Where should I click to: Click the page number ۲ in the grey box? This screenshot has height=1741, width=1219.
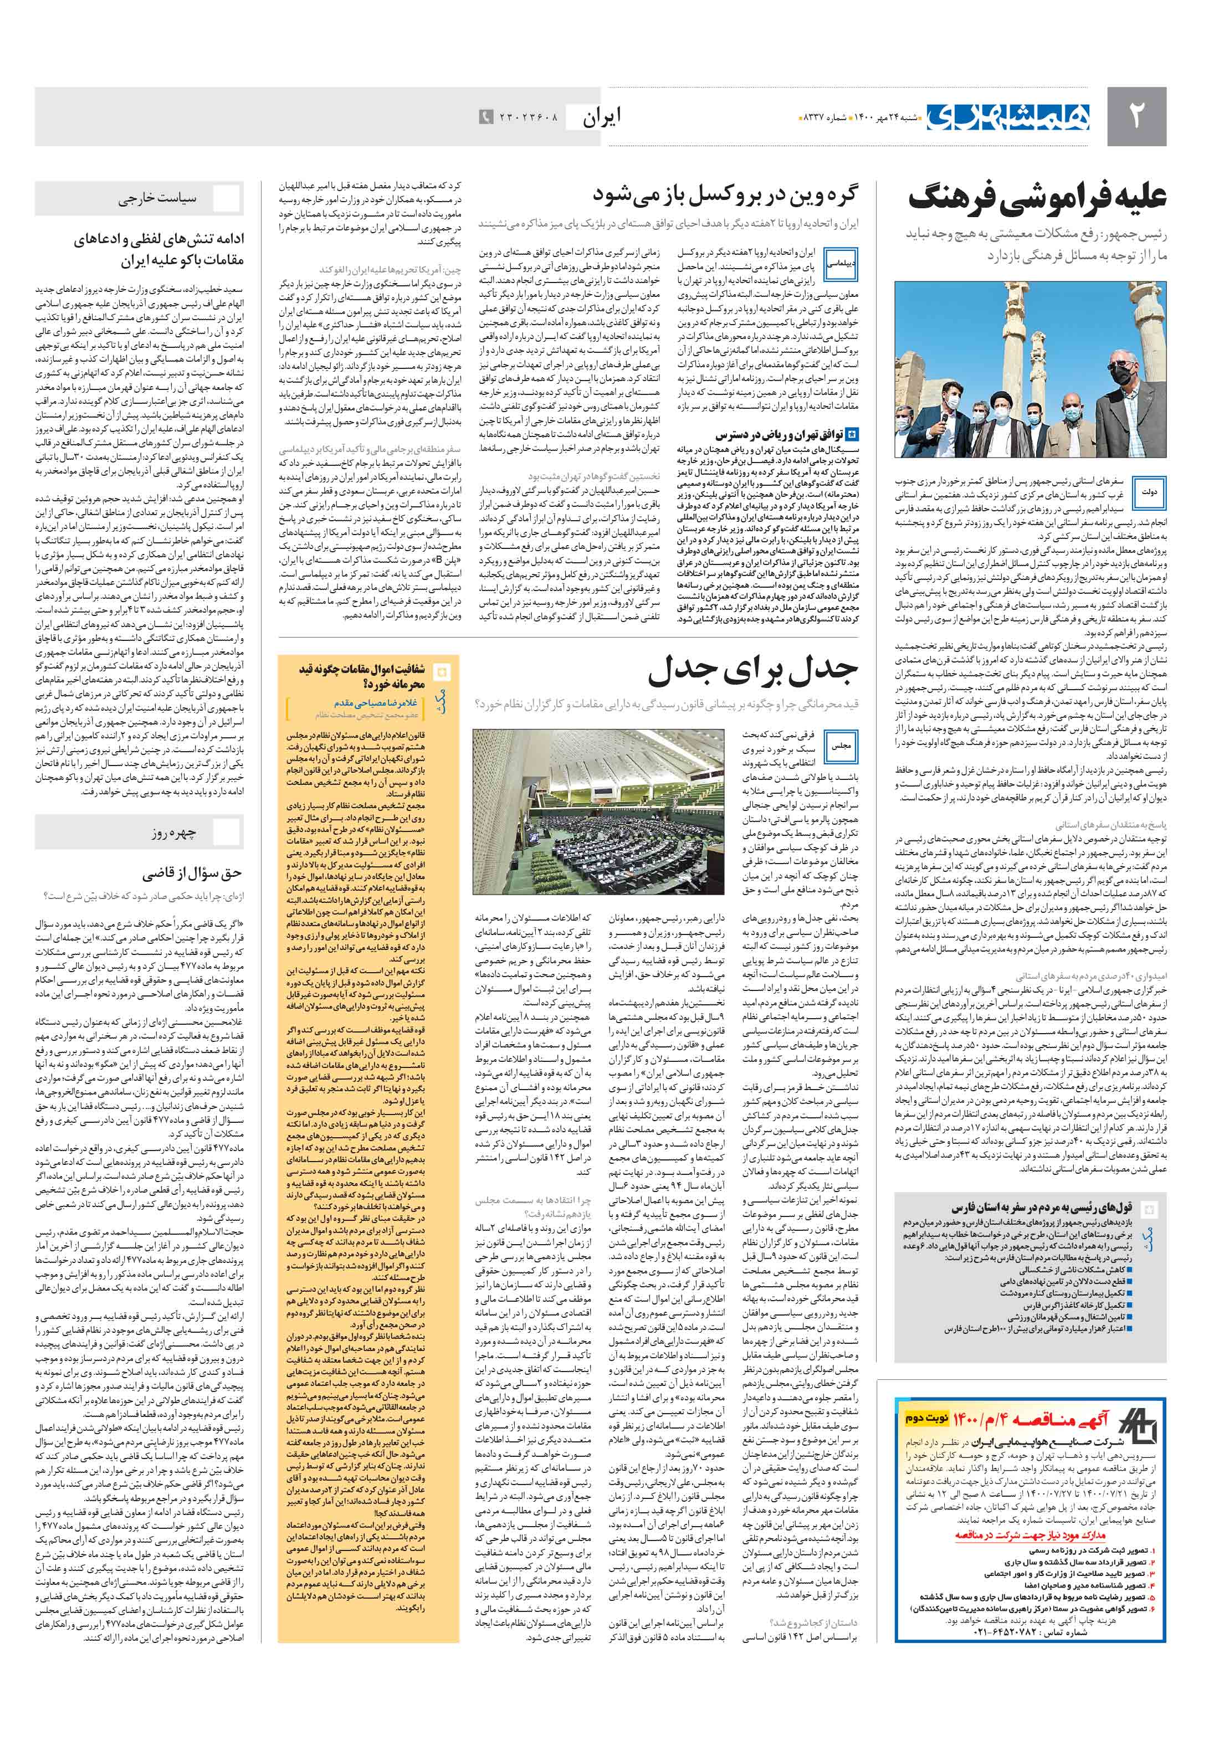coord(1135,116)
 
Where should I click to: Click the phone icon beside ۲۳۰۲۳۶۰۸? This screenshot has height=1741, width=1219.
coord(485,117)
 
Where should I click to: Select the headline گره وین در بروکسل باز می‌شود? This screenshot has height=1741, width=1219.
coord(724,195)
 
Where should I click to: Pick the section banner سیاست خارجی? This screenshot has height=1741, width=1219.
coord(157,199)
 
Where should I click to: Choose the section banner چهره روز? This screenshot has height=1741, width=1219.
coord(173,832)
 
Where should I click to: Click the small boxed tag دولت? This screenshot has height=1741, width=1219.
coord(1149,492)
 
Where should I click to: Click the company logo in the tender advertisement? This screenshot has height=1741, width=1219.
coord(1139,1426)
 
